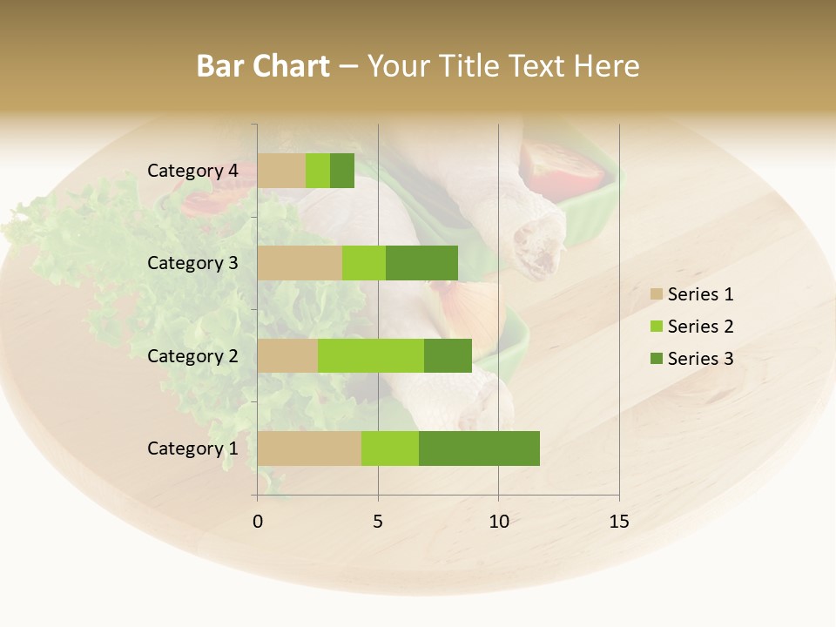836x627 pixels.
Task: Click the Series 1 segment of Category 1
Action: coord(309,448)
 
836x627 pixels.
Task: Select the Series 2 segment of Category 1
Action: coord(390,448)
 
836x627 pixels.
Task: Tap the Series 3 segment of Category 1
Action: coord(479,448)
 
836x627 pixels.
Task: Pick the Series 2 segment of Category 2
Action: coord(371,355)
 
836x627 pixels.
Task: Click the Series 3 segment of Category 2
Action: coord(448,355)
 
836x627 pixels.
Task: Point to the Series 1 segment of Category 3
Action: coord(300,263)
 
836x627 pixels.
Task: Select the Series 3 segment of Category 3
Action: coord(421,263)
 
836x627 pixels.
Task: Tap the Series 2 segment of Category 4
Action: coord(318,171)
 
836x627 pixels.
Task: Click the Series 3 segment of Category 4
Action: coord(342,171)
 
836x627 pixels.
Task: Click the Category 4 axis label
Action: coord(192,171)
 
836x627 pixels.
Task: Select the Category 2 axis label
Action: coord(192,355)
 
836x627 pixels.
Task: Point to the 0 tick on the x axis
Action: coord(258,522)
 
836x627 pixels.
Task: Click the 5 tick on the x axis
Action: coord(378,522)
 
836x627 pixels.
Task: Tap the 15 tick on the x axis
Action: coord(619,522)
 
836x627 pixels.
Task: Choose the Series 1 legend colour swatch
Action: coord(656,294)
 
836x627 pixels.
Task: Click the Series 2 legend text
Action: coord(700,327)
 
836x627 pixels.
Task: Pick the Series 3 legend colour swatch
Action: coord(656,358)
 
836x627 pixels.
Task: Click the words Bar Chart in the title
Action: coord(263,66)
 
